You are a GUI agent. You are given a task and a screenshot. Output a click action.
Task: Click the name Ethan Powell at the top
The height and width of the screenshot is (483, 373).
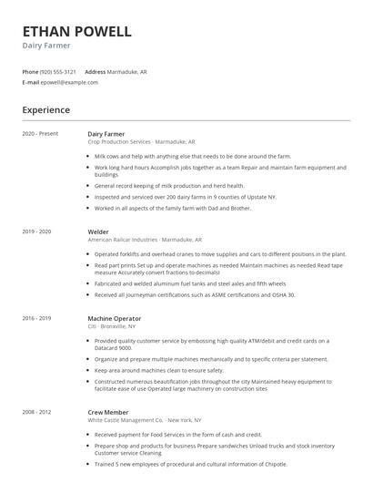point(77,31)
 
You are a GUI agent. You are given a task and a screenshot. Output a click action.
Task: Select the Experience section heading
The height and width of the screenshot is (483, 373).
point(46,110)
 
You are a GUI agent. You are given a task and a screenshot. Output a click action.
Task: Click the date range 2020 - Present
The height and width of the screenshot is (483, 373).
point(40,134)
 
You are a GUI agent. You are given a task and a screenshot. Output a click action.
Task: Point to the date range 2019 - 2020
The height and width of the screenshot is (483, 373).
point(37,232)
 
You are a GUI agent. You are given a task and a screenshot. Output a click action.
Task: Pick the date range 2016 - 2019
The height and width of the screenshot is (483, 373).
point(37,318)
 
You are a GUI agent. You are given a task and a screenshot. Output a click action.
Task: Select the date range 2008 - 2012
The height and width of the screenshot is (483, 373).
point(37,413)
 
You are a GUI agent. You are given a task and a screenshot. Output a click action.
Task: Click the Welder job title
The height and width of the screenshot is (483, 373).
point(98,232)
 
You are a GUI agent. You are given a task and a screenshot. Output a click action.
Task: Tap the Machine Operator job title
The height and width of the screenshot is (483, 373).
point(114,318)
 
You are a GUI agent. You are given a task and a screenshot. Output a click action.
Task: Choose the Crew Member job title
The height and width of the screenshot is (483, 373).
point(109,413)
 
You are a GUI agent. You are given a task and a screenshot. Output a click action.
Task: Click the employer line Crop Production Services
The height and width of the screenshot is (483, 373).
point(141,142)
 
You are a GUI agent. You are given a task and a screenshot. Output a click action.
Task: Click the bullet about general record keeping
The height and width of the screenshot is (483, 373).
point(169,185)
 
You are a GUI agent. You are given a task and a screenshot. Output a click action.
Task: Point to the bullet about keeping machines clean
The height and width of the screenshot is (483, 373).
point(158,371)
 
